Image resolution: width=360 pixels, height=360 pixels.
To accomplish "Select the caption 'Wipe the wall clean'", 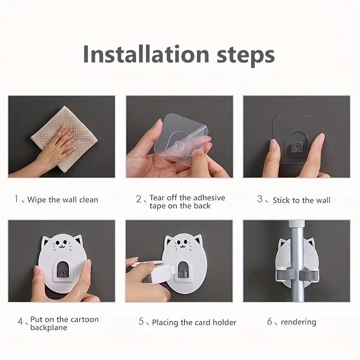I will pyautogui.click(x=62, y=200).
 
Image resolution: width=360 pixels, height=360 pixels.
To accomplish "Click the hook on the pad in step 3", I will pyautogui.click(x=296, y=145).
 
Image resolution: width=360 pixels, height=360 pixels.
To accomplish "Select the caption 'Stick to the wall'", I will pyautogui.click(x=301, y=200).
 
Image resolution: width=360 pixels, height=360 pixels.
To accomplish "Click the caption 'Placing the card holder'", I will pyautogui.click(x=194, y=322).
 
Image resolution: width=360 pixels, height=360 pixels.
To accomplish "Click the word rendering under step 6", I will pyautogui.click(x=298, y=322).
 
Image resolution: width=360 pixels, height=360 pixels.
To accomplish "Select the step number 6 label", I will pyautogui.click(x=270, y=322).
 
